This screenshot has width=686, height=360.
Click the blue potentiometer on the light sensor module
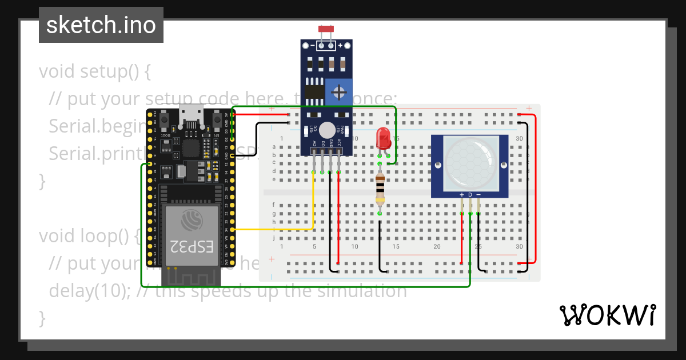(x=339, y=92)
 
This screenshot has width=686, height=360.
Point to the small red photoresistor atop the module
(x=326, y=29)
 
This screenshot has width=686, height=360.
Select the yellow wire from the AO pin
(x=313, y=206)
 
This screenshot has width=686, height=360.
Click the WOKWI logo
(x=607, y=315)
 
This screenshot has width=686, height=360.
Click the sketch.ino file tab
(x=101, y=25)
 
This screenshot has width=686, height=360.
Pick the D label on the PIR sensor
(x=470, y=195)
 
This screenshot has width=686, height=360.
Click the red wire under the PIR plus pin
(x=462, y=237)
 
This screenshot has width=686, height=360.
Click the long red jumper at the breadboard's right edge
(x=535, y=189)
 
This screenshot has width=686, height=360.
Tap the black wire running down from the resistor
(x=380, y=240)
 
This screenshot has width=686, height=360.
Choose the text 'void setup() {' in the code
(x=94, y=72)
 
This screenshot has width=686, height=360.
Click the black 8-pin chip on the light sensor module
(x=314, y=91)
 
